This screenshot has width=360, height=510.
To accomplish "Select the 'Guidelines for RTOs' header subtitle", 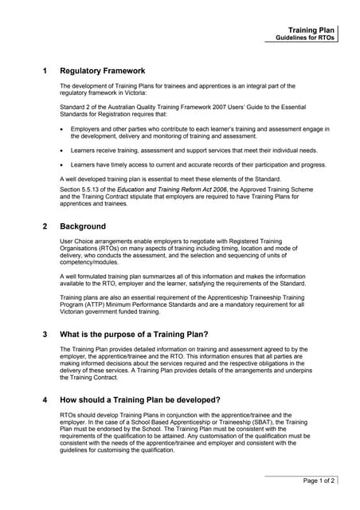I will pyautogui.click(x=305, y=37).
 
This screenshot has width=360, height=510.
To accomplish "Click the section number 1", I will pyautogui.click(x=45, y=71).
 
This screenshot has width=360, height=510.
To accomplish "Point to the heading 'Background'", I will pyautogui.click(x=83, y=226).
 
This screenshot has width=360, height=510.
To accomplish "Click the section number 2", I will pyautogui.click(x=45, y=226).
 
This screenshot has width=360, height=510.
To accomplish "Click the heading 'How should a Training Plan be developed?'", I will pyautogui.click(x=140, y=400).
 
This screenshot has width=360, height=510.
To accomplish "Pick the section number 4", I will pyautogui.click(x=45, y=400).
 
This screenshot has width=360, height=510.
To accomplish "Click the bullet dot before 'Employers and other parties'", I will pyautogui.click(x=63, y=129).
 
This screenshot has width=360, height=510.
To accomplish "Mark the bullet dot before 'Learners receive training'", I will pyautogui.click(x=63, y=150).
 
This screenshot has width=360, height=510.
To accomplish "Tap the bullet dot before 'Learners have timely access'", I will pyautogui.click(x=63, y=165).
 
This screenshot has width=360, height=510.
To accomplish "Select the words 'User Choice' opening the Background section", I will pyautogui.click(x=78, y=241).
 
